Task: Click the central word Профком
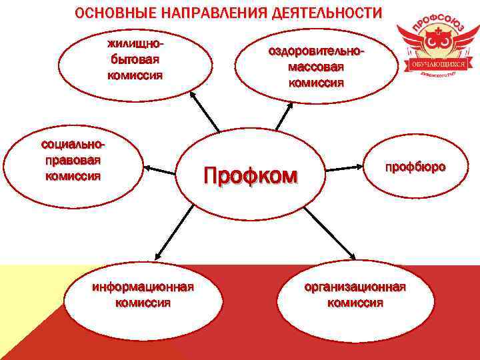pos(250,176)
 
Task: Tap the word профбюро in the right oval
pos(415,167)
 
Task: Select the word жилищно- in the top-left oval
pos(135,45)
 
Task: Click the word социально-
pos(73,145)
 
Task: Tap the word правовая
pos(73,161)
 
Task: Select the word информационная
pos(143,287)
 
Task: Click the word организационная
pos(355,287)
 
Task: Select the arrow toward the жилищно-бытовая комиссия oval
pos(205,113)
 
